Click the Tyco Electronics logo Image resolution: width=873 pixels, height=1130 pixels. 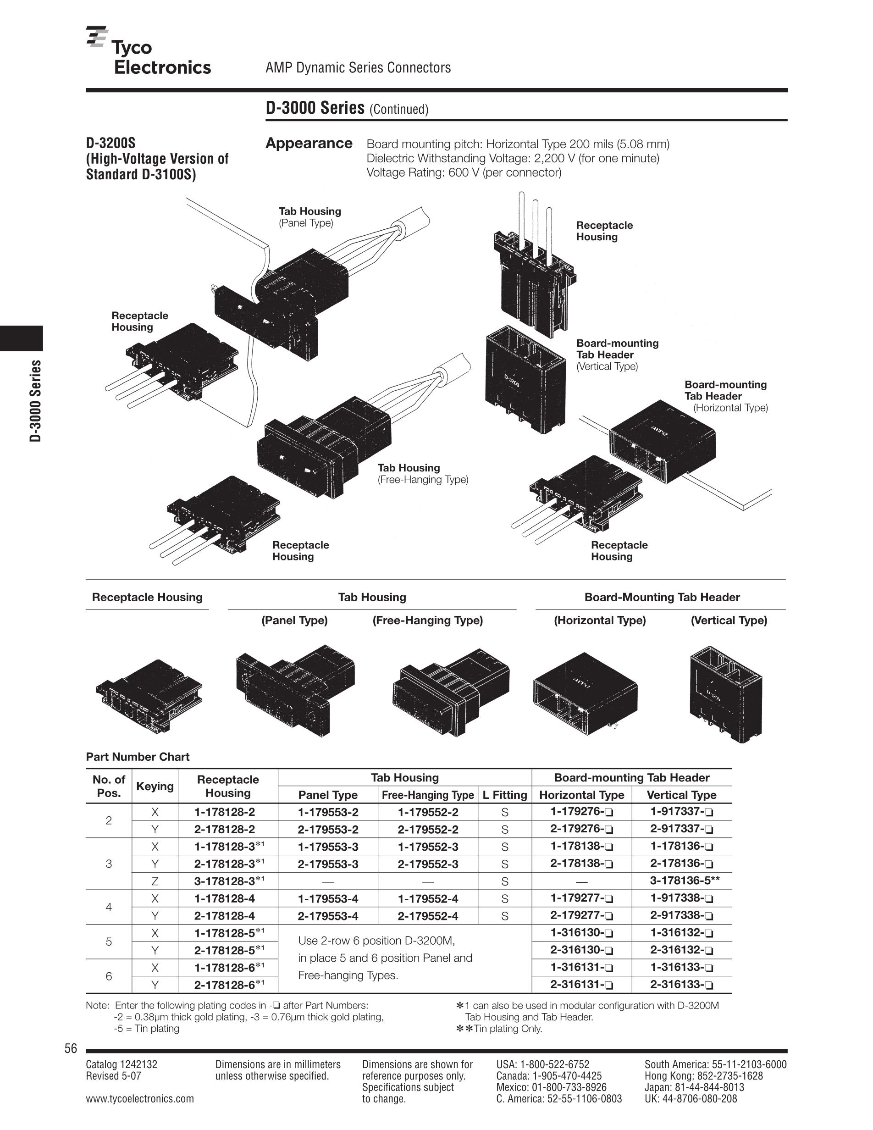pos(149,52)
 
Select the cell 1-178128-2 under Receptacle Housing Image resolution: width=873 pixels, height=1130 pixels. pos(225,812)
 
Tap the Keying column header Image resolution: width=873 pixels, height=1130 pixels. pos(155,786)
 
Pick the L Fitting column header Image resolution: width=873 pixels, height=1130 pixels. pos(504,795)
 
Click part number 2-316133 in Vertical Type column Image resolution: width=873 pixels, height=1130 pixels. pos(681,985)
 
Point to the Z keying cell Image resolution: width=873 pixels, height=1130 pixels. pos(155,881)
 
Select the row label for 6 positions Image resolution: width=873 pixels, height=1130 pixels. pos(109,976)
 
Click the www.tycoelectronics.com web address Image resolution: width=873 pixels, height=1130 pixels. pos(140,1098)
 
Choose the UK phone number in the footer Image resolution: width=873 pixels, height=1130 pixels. pos(691,1098)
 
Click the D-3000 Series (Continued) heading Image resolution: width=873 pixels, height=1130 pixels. pos(347,108)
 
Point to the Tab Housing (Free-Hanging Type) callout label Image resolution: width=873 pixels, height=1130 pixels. pos(423,473)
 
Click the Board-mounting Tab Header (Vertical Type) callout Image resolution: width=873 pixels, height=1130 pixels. pos(617,355)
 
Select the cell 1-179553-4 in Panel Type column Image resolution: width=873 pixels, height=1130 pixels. pos(328,898)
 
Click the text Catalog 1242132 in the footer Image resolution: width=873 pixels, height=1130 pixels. pos(122,1064)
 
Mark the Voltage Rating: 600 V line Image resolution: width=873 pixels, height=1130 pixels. pos(464,172)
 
